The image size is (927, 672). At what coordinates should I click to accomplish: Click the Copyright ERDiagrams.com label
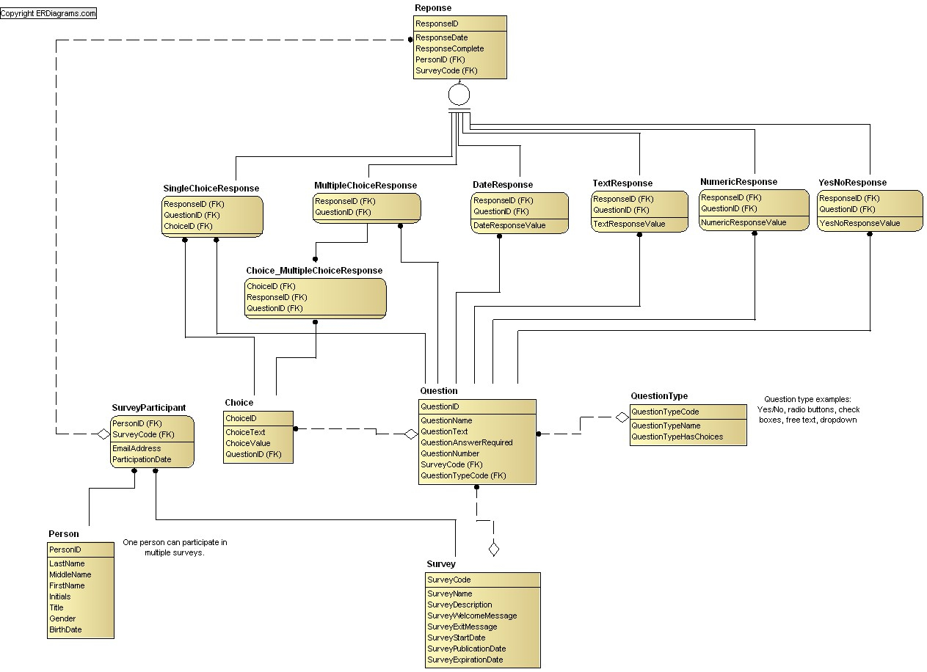click(x=48, y=13)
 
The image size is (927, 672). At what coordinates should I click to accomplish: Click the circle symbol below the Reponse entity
click(x=459, y=95)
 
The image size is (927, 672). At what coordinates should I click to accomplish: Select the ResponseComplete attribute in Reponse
click(x=449, y=48)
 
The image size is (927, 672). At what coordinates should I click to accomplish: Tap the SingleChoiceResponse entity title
click(x=211, y=188)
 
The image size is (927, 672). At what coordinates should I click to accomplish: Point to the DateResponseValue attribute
click(x=509, y=225)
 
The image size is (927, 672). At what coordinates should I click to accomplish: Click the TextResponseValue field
click(x=629, y=224)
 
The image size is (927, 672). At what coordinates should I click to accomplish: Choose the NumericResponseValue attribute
click(x=744, y=222)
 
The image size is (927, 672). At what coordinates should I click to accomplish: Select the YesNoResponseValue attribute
click(x=859, y=223)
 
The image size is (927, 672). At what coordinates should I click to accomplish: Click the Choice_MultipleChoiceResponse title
click(x=314, y=271)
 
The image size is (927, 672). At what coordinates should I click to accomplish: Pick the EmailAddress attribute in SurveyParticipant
click(x=137, y=448)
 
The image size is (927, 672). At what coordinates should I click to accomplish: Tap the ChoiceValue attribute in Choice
click(x=248, y=443)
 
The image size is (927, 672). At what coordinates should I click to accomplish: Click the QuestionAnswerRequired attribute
click(x=466, y=442)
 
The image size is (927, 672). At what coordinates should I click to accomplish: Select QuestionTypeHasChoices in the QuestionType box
click(x=677, y=437)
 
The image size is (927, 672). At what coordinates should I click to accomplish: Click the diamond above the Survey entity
click(x=494, y=549)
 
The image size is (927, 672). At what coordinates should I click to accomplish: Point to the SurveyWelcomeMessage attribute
click(x=472, y=616)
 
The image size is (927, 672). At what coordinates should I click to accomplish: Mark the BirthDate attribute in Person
click(x=65, y=630)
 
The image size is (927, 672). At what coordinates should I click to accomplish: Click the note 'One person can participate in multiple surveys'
click(x=175, y=547)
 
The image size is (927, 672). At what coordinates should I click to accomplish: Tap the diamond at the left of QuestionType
click(x=622, y=417)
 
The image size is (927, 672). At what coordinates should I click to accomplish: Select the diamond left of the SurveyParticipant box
click(x=103, y=434)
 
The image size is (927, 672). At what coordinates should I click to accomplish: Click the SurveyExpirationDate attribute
click(x=465, y=660)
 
